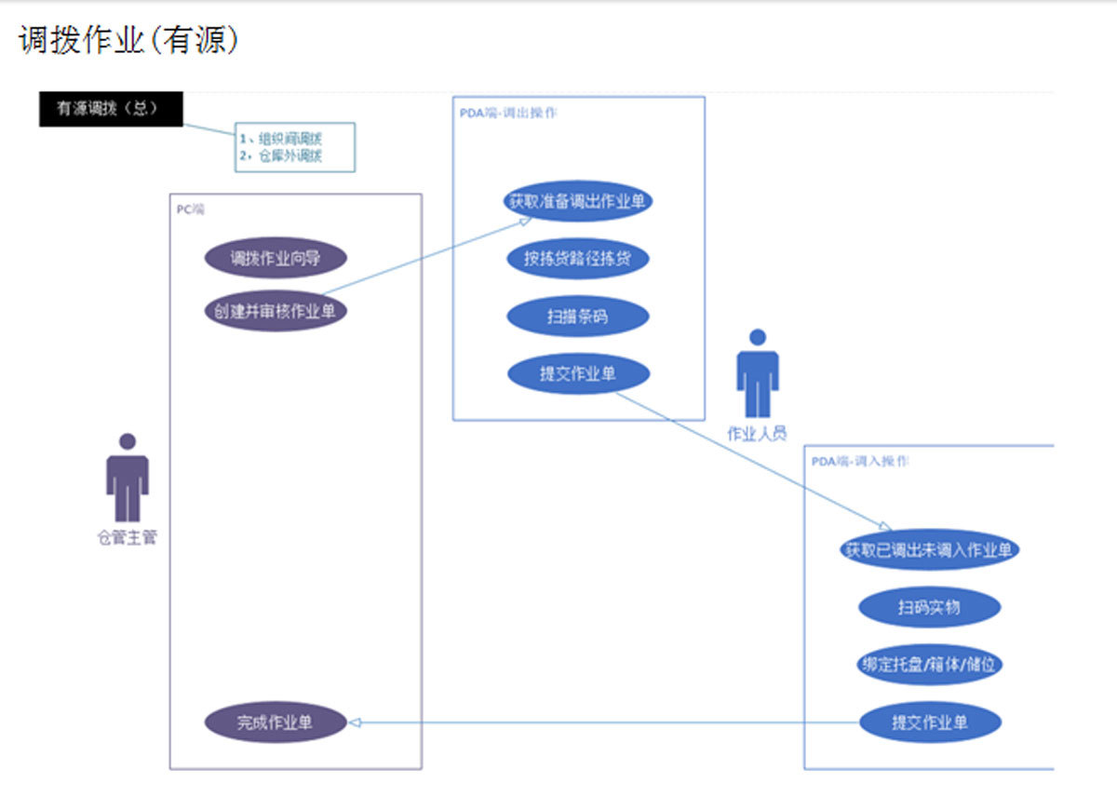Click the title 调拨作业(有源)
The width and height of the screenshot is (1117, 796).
coord(129,40)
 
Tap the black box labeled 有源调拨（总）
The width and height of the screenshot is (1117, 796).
coord(111,109)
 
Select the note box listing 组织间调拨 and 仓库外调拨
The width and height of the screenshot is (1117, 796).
coord(294,148)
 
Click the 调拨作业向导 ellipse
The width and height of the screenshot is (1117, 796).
coord(276,259)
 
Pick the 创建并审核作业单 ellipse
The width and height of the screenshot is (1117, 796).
coord(276,311)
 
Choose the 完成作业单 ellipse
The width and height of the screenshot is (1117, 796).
coord(276,722)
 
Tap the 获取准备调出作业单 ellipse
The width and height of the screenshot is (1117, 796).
coord(578,201)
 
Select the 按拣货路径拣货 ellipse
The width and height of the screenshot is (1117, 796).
coord(578,259)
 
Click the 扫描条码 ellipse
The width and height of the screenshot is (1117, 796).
coord(578,317)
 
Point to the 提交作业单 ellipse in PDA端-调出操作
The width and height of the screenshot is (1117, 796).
coord(578,373)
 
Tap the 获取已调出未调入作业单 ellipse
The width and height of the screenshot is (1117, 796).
coord(929,549)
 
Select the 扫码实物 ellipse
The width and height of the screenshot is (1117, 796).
coord(929,607)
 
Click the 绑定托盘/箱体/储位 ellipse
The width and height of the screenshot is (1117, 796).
coord(929,665)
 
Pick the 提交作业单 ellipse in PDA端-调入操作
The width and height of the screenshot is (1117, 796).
coord(929,722)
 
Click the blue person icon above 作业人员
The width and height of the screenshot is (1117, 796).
coord(758,373)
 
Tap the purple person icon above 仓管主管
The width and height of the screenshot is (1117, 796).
coord(127,477)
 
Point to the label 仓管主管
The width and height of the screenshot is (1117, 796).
coord(128,538)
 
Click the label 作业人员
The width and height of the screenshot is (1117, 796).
coord(757,433)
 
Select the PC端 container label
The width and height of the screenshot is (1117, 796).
coord(191,209)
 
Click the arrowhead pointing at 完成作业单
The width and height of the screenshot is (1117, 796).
coord(354,722)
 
